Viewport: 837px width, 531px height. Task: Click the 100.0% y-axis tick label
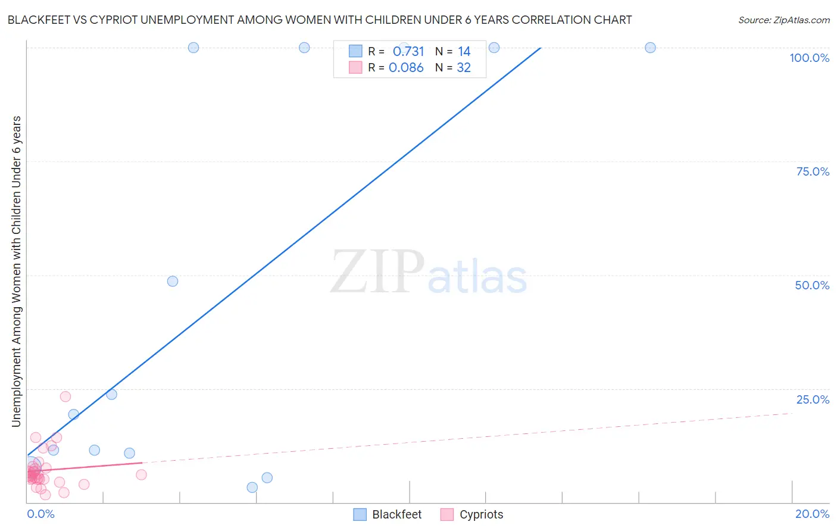click(x=809, y=58)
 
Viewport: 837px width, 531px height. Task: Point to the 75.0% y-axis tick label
click(x=813, y=171)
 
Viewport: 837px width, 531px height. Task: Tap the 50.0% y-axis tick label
click(x=812, y=285)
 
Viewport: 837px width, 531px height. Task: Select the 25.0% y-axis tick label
click(x=813, y=399)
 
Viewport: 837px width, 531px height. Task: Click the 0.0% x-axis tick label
click(x=40, y=514)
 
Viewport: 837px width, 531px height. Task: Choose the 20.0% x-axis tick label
click(x=812, y=514)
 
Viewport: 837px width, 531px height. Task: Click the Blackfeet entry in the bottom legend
click(x=396, y=514)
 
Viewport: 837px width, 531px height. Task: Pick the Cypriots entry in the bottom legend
click(x=481, y=514)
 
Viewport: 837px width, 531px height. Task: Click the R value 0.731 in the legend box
click(x=408, y=52)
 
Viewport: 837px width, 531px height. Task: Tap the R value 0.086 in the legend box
click(x=406, y=68)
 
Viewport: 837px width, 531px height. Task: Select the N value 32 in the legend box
click(x=464, y=68)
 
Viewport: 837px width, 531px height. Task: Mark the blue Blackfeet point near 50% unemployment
click(x=173, y=281)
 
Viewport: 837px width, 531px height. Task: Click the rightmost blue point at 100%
click(x=650, y=48)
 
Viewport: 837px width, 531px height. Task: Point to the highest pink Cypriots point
click(x=65, y=396)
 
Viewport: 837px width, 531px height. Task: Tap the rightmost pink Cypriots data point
click(x=141, y=474)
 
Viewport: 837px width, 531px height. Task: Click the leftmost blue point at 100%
click(x=193, y=48)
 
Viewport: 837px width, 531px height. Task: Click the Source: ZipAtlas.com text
click(x=783, y=20)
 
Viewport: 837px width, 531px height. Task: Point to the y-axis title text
click(x=16, y=271)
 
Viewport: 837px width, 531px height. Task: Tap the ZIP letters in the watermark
click(x=377, y=272)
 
